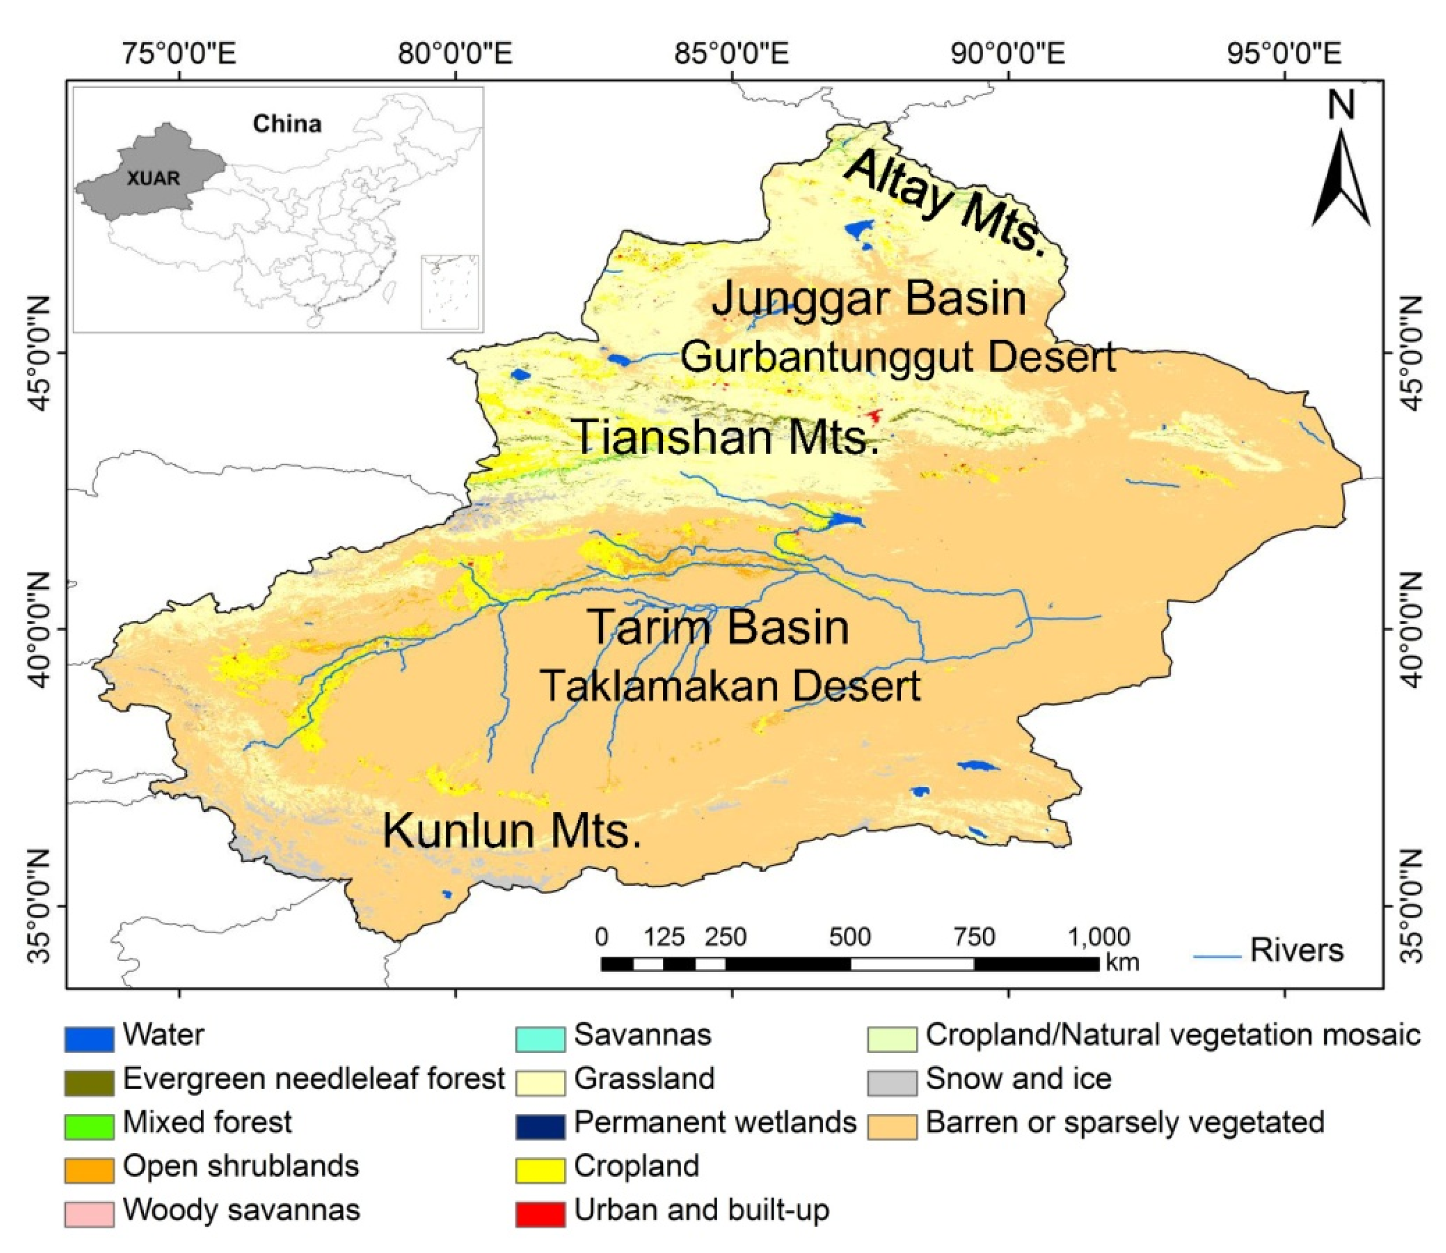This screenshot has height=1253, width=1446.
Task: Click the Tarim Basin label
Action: (x=720, y=627)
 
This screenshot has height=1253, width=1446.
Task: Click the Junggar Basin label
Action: (x=869, y=299)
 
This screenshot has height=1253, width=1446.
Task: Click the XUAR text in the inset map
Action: (x=154, y=178)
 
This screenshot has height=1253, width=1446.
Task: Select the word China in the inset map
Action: (x=287, y=124)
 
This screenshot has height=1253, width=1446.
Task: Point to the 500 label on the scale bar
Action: (x=850, y=937)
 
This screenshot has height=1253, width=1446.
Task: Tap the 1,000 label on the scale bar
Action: (x=1099, y=937)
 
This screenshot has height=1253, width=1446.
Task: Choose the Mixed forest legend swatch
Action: (x=89, y=1126)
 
